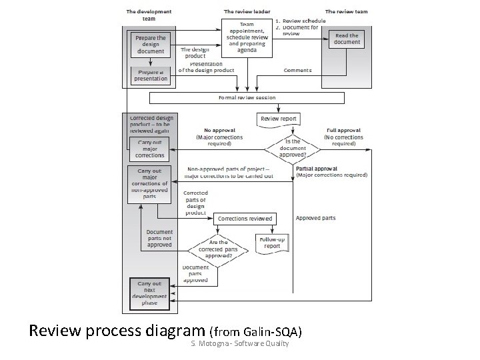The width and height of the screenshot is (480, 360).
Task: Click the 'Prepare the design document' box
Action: [151, 45]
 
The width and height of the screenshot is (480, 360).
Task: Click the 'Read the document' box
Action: [347, 39]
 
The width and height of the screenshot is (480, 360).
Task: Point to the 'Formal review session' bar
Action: [247, 98]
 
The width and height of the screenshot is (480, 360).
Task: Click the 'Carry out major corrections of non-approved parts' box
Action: [150, 183]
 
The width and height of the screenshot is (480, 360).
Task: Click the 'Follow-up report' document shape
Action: [272, 241]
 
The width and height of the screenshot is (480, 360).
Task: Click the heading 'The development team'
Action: [149, 15]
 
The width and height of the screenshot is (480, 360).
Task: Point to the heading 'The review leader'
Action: [247, 11]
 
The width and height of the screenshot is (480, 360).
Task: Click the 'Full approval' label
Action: [344, 131]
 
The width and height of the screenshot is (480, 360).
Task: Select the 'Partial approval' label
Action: [317, 169]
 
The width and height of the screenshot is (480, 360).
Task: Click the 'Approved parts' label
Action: [316, 218]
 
